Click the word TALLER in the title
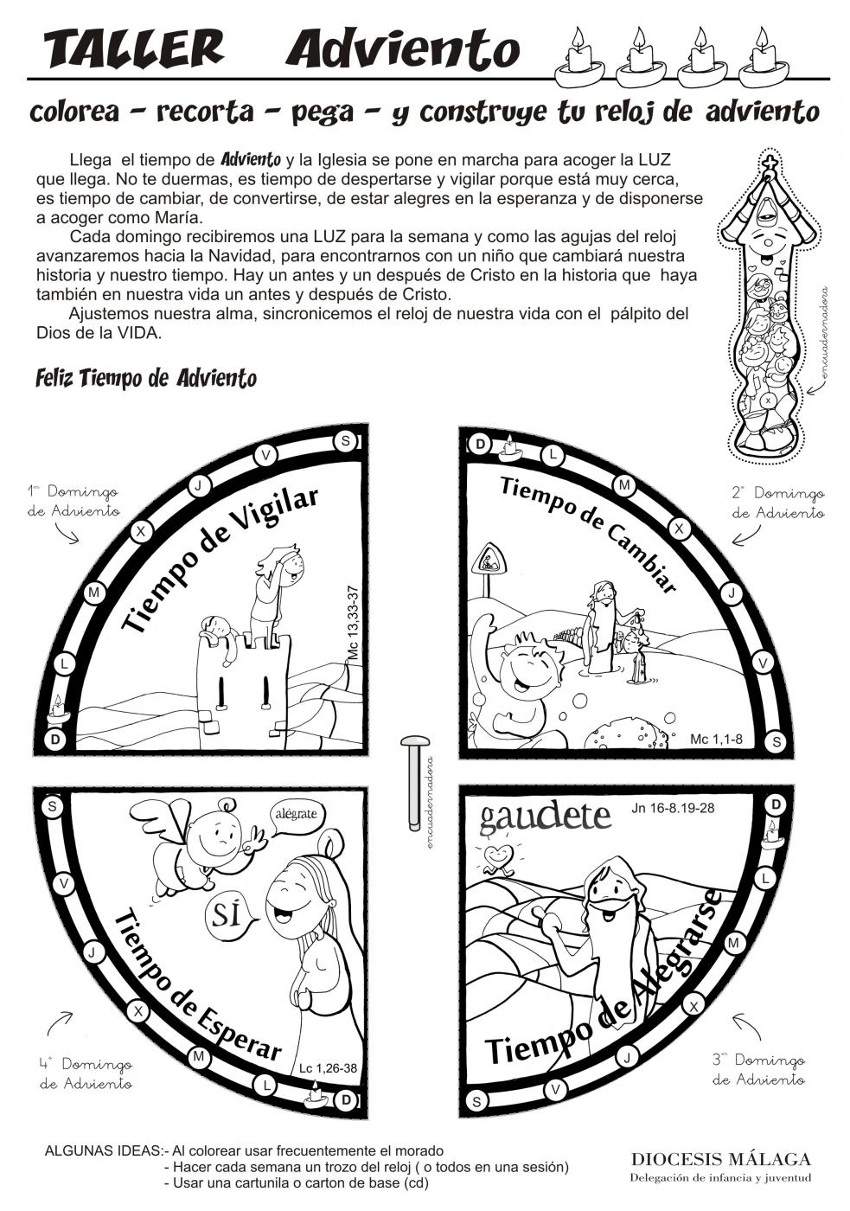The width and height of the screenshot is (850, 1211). (133, 49)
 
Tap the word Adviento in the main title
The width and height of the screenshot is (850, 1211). (403, 49)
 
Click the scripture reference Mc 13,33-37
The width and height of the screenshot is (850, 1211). (352, 624)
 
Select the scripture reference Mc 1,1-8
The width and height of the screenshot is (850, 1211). (717, 740)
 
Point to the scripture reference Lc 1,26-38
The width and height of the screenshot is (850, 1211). (328, 1067)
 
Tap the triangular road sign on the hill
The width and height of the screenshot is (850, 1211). (488, 560)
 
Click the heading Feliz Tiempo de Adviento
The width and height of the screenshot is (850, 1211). (146, 378)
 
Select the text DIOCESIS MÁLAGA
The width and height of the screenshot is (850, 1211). (720, 1159)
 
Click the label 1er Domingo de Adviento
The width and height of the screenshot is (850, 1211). (73, 501)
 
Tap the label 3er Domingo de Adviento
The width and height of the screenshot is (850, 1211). (758, 1069)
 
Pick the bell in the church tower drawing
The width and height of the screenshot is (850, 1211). (765, 211)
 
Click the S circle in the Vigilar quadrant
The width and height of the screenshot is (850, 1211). (346, 441)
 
